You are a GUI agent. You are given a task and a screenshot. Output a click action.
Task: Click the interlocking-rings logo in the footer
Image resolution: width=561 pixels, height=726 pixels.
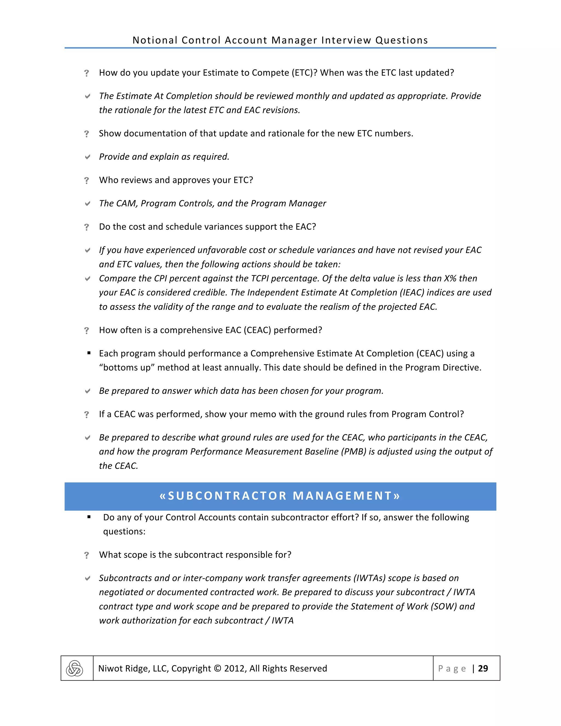(x=75, y=668)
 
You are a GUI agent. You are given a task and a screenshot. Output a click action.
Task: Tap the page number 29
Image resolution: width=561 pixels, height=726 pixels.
(x=483, y=668)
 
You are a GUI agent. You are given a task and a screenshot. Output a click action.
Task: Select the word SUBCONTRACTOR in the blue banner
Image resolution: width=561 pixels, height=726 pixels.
(x=227, y=496)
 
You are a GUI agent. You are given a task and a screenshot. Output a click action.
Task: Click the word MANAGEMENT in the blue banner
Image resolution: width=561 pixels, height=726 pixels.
(x=343, y=496)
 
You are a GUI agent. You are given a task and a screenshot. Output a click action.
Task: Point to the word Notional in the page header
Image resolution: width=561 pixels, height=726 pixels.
(x=155, y=40)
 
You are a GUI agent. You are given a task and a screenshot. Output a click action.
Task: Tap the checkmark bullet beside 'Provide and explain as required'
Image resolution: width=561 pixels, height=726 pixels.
(x=87, y=157)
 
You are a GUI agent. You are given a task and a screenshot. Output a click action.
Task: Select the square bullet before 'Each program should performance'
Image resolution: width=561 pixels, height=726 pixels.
(x=89, y=353)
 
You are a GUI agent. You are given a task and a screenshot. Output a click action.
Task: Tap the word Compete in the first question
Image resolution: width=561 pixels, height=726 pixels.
(x=270, y=73)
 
